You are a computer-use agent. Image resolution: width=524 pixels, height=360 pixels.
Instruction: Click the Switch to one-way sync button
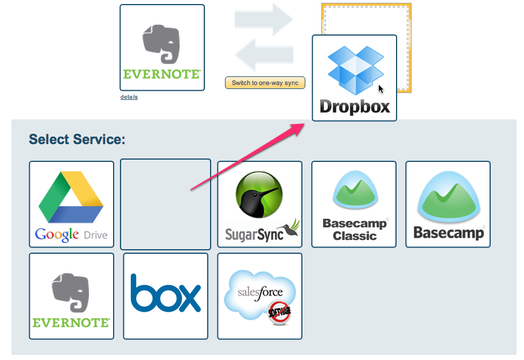coord(265,83)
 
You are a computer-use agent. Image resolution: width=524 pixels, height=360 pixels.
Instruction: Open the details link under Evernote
coord(129,97)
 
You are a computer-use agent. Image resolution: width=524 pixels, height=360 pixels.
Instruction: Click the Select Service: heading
coord(77,140)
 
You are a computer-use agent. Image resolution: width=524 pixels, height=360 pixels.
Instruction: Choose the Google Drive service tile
coord(71,204)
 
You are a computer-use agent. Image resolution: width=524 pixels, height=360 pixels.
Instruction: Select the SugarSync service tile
coord(259,204)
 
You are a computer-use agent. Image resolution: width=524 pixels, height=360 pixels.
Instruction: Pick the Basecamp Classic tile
coord(354,204)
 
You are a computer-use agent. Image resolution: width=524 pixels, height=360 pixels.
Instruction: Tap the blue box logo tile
coord(165,296)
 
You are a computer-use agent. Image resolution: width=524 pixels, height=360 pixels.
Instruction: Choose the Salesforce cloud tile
coord(259,296)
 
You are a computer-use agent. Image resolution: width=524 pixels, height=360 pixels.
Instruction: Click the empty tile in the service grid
coord(165,204)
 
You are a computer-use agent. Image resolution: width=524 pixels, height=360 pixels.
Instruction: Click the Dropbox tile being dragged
coord(354,78)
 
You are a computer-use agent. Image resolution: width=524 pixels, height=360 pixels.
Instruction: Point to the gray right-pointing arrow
coord(264,19)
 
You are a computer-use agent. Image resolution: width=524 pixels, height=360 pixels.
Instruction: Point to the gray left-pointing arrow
coord(264,55)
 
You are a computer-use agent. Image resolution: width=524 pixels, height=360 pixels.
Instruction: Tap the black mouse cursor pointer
coord(381,89)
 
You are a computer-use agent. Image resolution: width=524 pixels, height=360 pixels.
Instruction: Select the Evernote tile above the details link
coord(162,48)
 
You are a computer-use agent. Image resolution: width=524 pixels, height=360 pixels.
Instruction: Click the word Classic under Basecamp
coord(355,236)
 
